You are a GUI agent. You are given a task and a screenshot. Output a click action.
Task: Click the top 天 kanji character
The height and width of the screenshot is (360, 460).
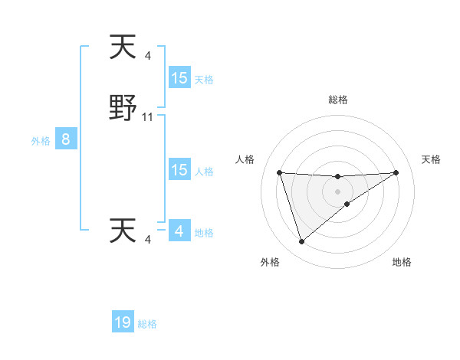click(x=123, y=47)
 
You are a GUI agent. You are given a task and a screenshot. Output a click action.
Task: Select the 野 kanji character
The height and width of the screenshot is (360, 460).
click(x=123, y=109)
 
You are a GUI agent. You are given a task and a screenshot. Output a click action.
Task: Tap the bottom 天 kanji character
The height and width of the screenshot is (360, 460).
click(x=123, y=231)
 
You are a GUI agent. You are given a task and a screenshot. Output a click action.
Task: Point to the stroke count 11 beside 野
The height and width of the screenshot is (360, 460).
click(x=148, y=117)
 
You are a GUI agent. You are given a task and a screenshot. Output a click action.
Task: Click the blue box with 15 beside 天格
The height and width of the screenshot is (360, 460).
click(x=179, y=78)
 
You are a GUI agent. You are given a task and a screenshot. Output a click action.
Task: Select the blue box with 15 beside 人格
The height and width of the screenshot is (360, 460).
click(x=179, y=170)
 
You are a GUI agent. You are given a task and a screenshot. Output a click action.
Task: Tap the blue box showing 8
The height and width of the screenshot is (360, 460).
click(x=66, y=139)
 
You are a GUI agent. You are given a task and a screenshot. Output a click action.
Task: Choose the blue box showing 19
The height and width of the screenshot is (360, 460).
click(x=123, y=322)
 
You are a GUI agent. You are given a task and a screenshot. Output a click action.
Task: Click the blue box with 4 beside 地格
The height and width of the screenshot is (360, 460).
click(x=179, y=231)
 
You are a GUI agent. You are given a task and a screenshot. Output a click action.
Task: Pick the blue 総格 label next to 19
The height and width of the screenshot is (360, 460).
click(x=147, y=324)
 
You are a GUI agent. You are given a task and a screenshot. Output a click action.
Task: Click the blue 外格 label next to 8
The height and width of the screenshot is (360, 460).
click(x=40, y=141)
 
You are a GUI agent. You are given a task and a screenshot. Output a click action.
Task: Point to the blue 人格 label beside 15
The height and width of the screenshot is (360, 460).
click(x=204, y=172)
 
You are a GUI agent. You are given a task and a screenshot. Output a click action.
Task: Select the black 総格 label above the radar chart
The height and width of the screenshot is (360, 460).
click(x=338, y=100)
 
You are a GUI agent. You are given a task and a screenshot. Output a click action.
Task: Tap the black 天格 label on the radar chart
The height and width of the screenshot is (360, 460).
click(x=431, y=159)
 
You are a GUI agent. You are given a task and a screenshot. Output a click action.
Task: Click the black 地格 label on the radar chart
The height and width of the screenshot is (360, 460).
click(x=402, y=262)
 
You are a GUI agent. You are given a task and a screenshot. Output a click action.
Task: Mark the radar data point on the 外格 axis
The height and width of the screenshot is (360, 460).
click(x=301, y=242)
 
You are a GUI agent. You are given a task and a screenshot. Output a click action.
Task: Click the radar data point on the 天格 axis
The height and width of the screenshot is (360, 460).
click(x=396, y=172)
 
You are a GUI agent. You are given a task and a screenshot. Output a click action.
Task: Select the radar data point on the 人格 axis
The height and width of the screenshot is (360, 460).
click(x=279, y=172)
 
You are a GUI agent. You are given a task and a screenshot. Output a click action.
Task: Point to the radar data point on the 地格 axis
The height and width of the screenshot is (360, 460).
click(x=347, y=204)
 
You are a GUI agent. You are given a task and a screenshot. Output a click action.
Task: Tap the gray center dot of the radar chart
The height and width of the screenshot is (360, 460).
click(x=337, y=191)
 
